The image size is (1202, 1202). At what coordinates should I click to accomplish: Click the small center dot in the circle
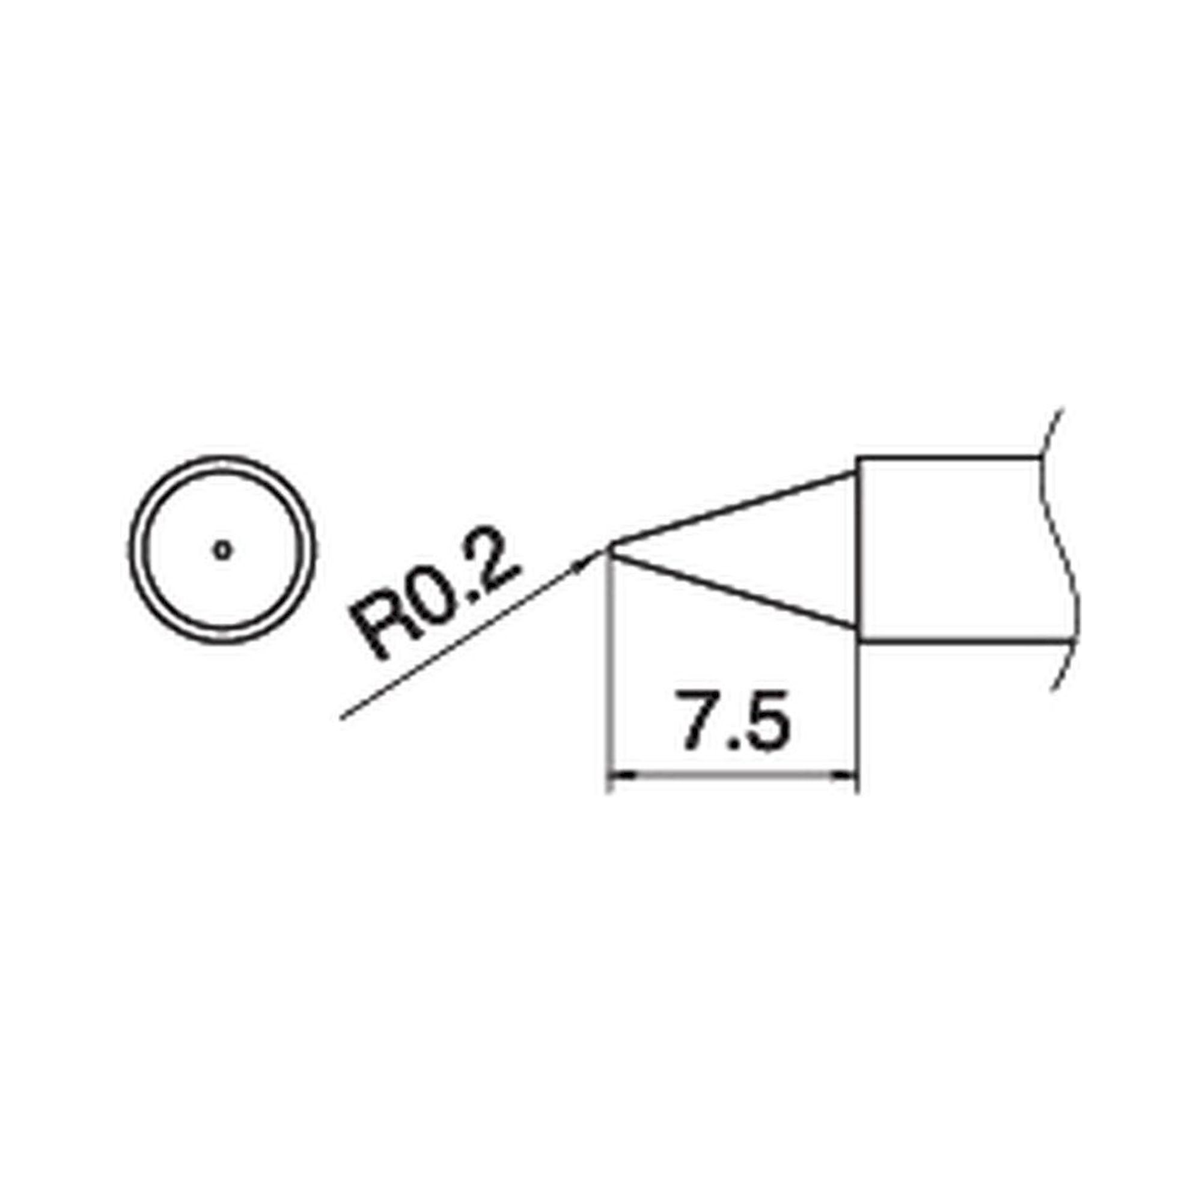coord(223,549)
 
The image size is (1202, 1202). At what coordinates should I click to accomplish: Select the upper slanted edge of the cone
coord(734,511)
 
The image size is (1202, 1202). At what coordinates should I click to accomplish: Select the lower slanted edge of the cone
coord(734,591)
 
